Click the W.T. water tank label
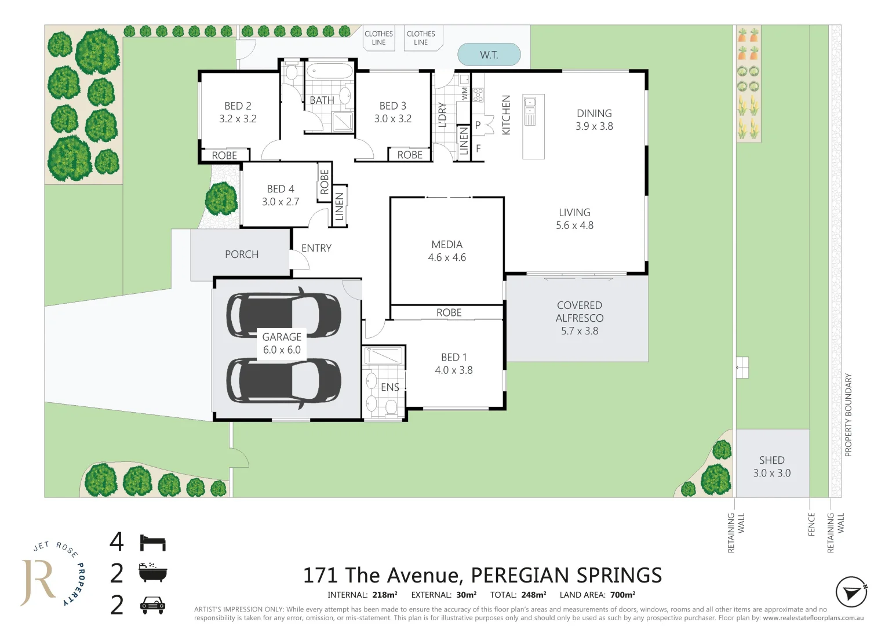point(489,55)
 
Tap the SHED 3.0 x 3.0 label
point(771,467)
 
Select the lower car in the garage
point(283,381)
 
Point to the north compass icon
point(851,592)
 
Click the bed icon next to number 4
point(153,543)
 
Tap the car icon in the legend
point(153,605)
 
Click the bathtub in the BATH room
point(329,72)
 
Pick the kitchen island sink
point(530,111)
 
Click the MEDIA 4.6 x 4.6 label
point(447,251)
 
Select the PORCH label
point(242,254)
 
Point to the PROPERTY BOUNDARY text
point(848,414)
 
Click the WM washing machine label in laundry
point(464,93)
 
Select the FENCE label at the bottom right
point(811,524)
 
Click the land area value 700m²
point(622,595)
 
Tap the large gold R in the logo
point(38,581)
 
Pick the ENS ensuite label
point(389,387)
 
